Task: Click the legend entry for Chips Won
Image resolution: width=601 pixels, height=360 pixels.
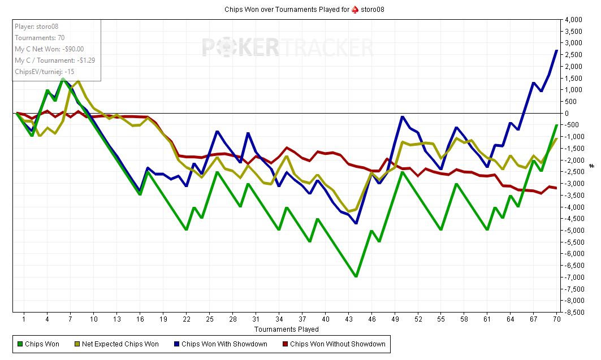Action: click(x=42, y=344)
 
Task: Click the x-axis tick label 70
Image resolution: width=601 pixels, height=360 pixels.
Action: click(x=556, y=319)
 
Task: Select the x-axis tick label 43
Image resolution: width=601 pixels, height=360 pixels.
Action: click(x=348, y=319)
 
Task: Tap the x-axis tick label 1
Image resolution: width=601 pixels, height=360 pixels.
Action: click(x=24, y=319)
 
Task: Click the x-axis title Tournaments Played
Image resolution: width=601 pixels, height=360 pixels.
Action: click(x=286, y=329)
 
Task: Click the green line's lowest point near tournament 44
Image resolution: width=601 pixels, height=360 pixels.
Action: click(x=356, y=276)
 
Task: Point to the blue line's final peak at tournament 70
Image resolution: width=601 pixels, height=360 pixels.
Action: click(x=557, y=51)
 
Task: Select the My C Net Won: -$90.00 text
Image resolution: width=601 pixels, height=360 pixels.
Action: click(x=49, y=49)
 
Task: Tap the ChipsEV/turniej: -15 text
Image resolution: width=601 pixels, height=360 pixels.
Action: click(x=44, y=72)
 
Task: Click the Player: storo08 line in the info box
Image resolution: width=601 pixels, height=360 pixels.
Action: click(x=36, y=27)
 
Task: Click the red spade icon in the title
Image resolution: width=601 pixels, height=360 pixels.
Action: click(x=355, y=9)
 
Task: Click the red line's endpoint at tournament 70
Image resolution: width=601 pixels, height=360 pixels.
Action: click(x=557, y=188)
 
